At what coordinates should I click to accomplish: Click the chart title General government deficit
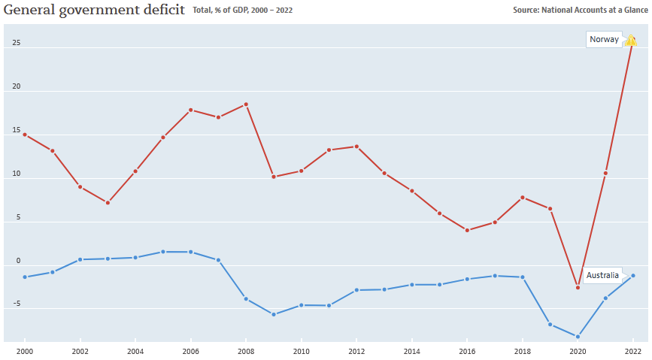point(94,10)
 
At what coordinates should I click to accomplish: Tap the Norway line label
point(605,40)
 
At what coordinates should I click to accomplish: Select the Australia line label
point(602,275)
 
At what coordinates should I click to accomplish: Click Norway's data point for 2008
point(246,104)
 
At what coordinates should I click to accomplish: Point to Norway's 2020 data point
point(578,287)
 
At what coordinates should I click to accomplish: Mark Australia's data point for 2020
point(578,337)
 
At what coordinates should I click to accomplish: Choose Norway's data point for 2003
point(108,203)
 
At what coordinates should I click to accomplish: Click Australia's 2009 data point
point(274,314)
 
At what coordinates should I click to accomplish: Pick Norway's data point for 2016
point(467,230)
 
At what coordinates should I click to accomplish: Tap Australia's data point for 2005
point(163,252)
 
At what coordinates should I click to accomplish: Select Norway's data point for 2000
point(25,135)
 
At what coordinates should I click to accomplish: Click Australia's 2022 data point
point(633,276)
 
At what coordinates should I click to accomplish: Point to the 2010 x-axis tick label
point(301,351)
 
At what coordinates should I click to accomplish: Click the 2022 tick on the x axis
point(633,351)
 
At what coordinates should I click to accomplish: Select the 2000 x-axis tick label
point(25,351)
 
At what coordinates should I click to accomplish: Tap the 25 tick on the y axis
point(16,43)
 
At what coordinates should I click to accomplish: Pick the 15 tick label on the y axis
point(16,130)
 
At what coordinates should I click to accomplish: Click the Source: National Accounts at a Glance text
point(580,11)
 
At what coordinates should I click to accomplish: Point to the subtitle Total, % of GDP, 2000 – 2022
point(243,11)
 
